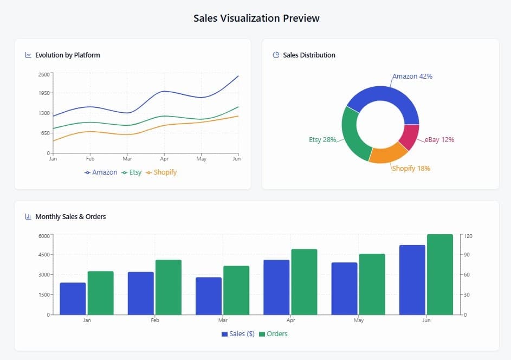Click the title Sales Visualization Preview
coord(256,18)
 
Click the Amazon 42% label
coord(412,76)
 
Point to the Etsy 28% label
coord(322,140)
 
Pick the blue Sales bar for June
coord(412,280)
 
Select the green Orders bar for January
coord(100,293)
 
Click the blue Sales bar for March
coord(209,295)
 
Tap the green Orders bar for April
coord(304,281)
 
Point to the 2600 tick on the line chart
coord(44,74)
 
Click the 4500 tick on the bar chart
coord(43,255)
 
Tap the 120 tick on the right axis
coord(468,236)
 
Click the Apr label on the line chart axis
coord(164,159)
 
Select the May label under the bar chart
coord(358,320)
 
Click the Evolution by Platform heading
coord(67,55)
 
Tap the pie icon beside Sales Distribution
coord(276,55)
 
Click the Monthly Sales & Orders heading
coord(70,217)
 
